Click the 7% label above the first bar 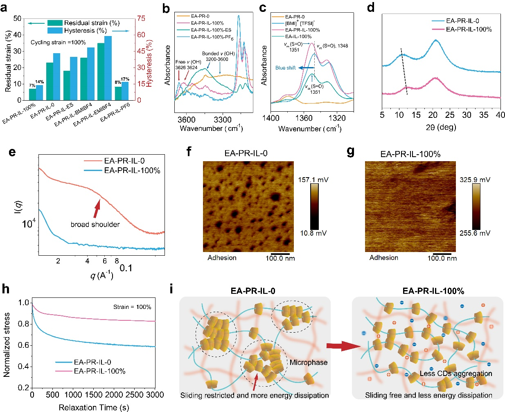[32, 86]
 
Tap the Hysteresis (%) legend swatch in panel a [55, 31]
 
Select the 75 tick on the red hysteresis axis [141, 18]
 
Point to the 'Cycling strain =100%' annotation [58, 43]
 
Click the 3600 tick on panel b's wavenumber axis [187, 120]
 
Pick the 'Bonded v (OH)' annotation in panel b [219, 54]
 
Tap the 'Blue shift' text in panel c [285, 68]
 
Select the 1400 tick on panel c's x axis [271, 118]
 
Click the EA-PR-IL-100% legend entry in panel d [469, 29]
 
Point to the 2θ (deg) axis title [441, 127]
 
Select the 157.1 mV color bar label [314, 180]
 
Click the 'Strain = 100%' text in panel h [132, 307]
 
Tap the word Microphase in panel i [308, 362]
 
